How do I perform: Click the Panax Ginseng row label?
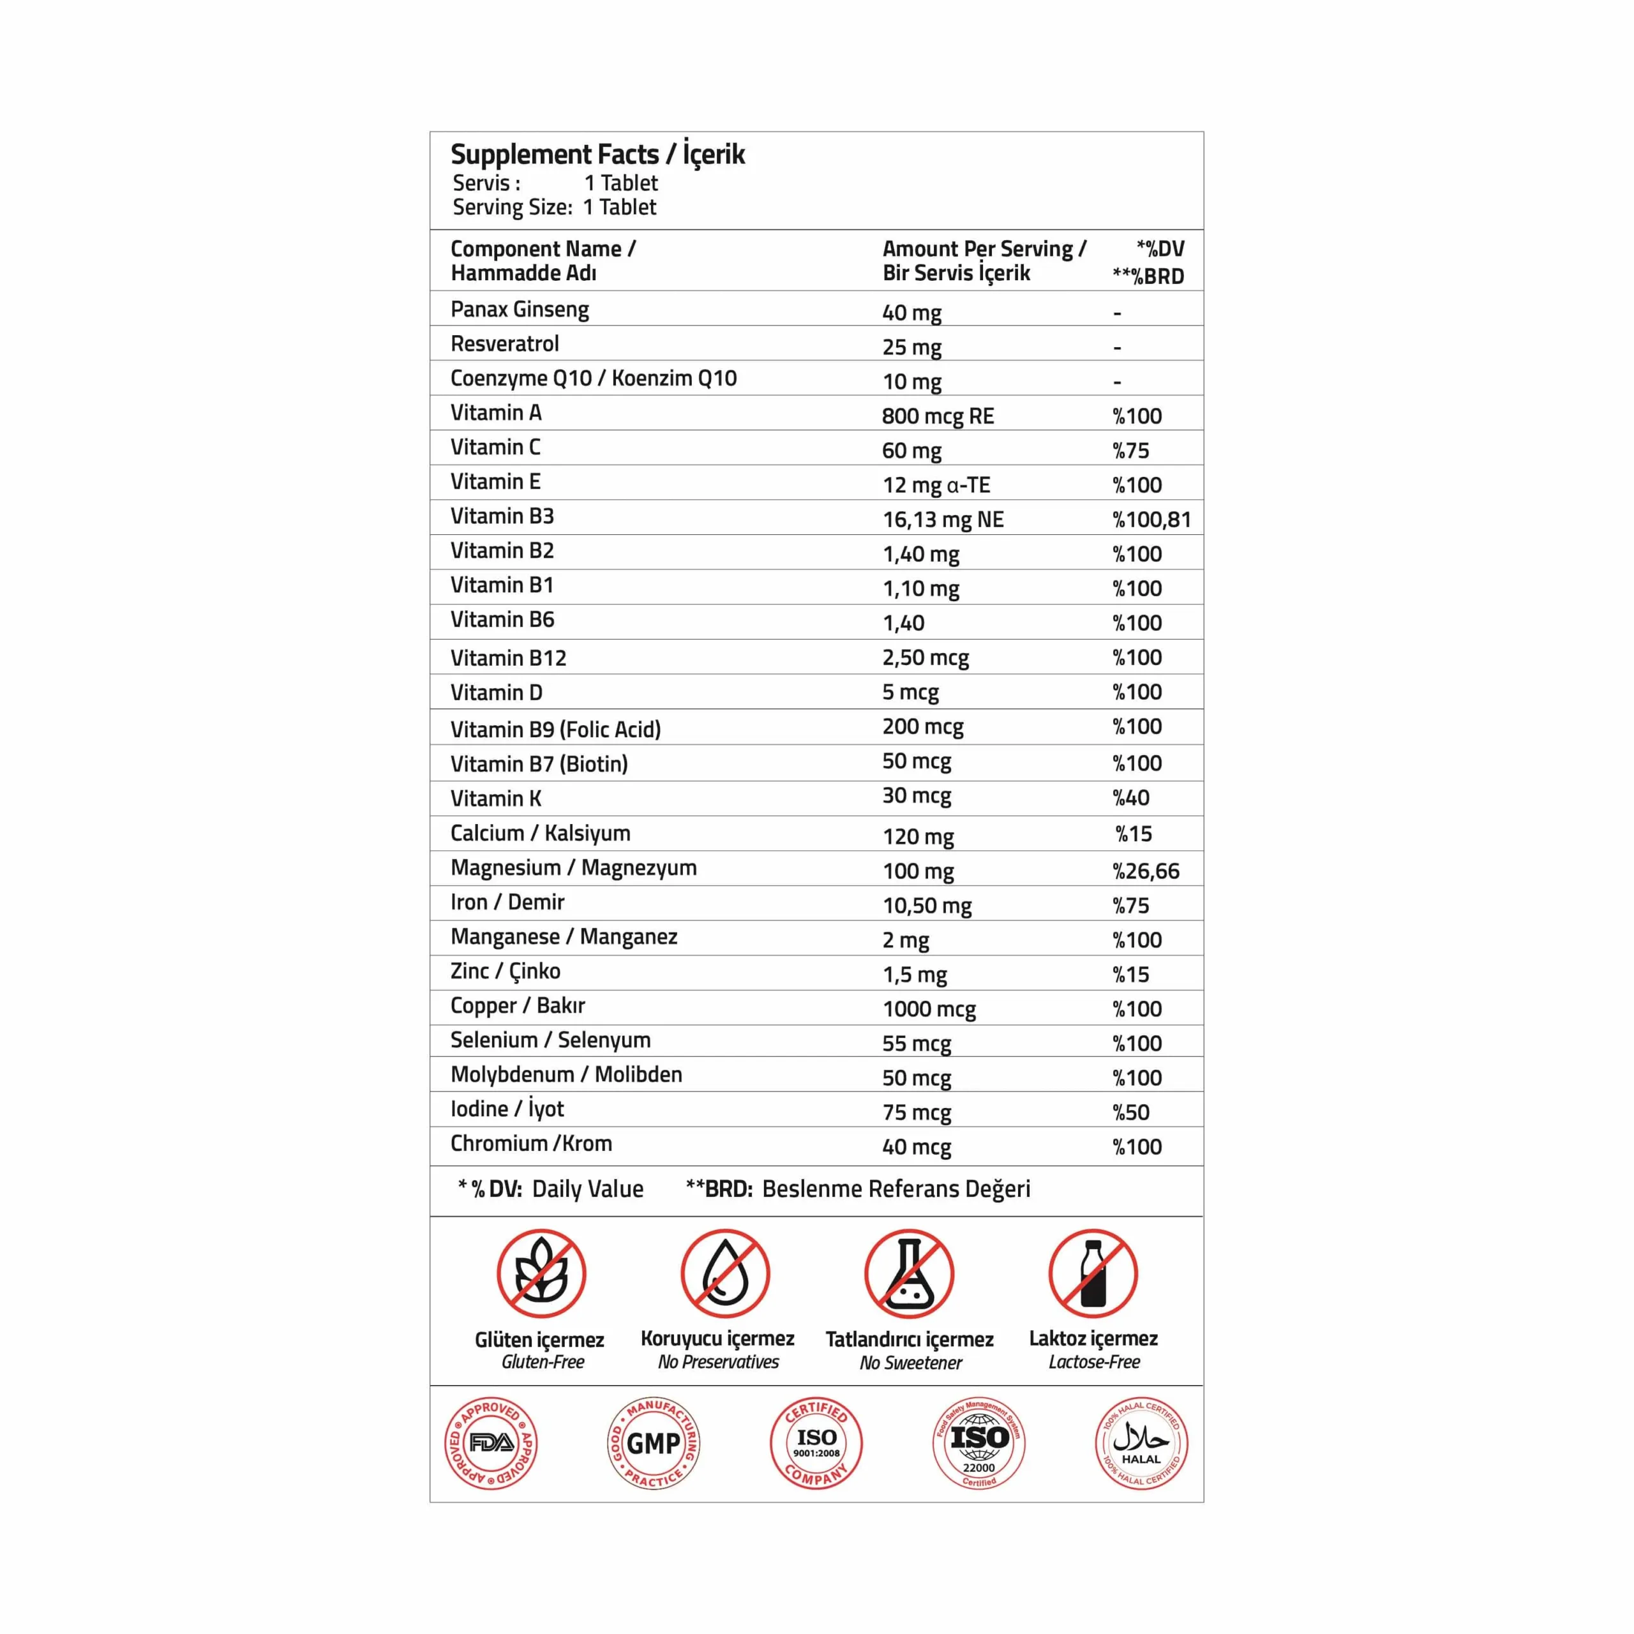520,310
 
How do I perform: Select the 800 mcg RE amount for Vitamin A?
937,416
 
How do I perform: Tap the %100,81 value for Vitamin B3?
1151,520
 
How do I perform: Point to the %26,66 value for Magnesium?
1145,871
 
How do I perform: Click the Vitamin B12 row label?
508,658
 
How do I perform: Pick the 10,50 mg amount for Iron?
927,906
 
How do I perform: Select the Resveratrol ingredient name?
505,344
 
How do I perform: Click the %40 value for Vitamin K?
1131,798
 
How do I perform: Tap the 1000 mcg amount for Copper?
929,1009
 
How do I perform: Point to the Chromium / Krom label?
531,1143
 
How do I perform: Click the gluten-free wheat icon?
541,1274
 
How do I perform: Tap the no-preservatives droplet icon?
725,1274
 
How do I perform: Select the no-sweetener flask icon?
909,1274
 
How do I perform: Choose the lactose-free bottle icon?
1093,1274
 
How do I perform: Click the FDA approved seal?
491,1444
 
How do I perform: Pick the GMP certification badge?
654,1444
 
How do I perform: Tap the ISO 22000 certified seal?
978,1444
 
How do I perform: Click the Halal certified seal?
1141,1444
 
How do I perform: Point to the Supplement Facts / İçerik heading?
597,154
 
